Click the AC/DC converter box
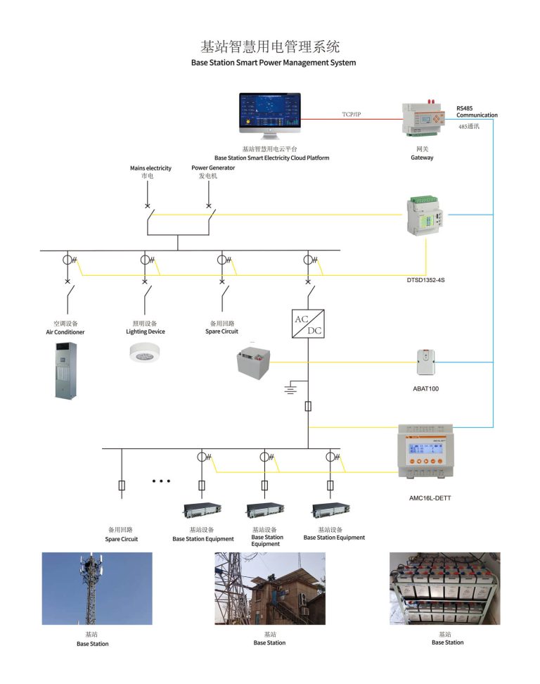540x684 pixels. click(x=308, y=324)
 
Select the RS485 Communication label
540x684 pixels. click(x=476, y=112)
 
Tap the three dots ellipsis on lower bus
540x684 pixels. click(x=161, y=481)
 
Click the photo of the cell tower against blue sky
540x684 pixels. click(x=97, y=588)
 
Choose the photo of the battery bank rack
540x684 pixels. click(x=444, y=588)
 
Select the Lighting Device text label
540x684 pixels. click(x=146, y=331)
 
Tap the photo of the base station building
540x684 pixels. click(x=269, y=588)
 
